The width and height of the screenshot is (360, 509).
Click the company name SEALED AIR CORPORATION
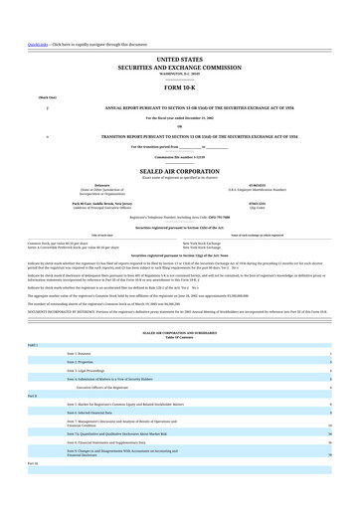pos(179,169)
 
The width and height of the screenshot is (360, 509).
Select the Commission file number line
pos(179,156)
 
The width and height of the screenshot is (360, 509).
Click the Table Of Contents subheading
pos(179,338)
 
